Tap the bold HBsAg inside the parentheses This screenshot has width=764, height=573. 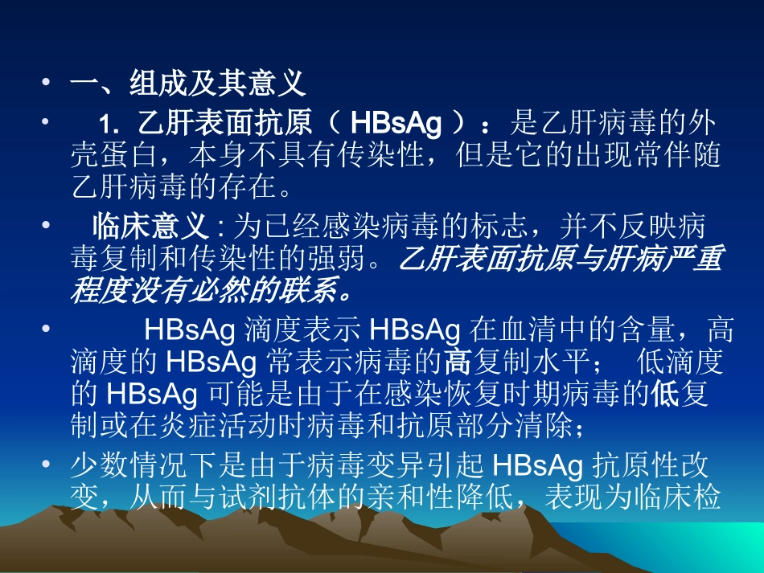[x=396, y=125]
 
